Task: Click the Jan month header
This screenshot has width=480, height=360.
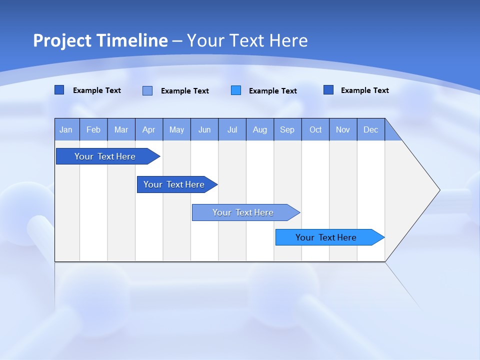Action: (x=66, y=129)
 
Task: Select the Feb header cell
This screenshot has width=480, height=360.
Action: (x=93, y=129)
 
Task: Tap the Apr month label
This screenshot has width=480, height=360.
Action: (x=148, y=129)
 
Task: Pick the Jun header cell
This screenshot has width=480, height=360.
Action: (x=204, y=129)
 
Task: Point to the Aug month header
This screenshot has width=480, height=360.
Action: (x=260, y=129)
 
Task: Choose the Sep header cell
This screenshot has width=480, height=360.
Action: (x=287, y=129)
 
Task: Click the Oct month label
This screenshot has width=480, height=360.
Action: (x=315, y=129)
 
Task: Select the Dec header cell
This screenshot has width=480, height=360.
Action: (x=370, y=129)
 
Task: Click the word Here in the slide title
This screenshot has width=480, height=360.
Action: (x=288, y=40)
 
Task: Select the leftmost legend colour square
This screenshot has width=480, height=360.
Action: (x=59, y=90)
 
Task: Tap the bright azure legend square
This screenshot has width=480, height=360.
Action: (x=236, y=90)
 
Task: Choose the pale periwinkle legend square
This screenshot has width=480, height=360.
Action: (x=147, y=90)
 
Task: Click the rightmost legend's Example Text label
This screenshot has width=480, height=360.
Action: (x=364, y=90)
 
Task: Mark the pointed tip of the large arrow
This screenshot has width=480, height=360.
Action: (x=439, y=190)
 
